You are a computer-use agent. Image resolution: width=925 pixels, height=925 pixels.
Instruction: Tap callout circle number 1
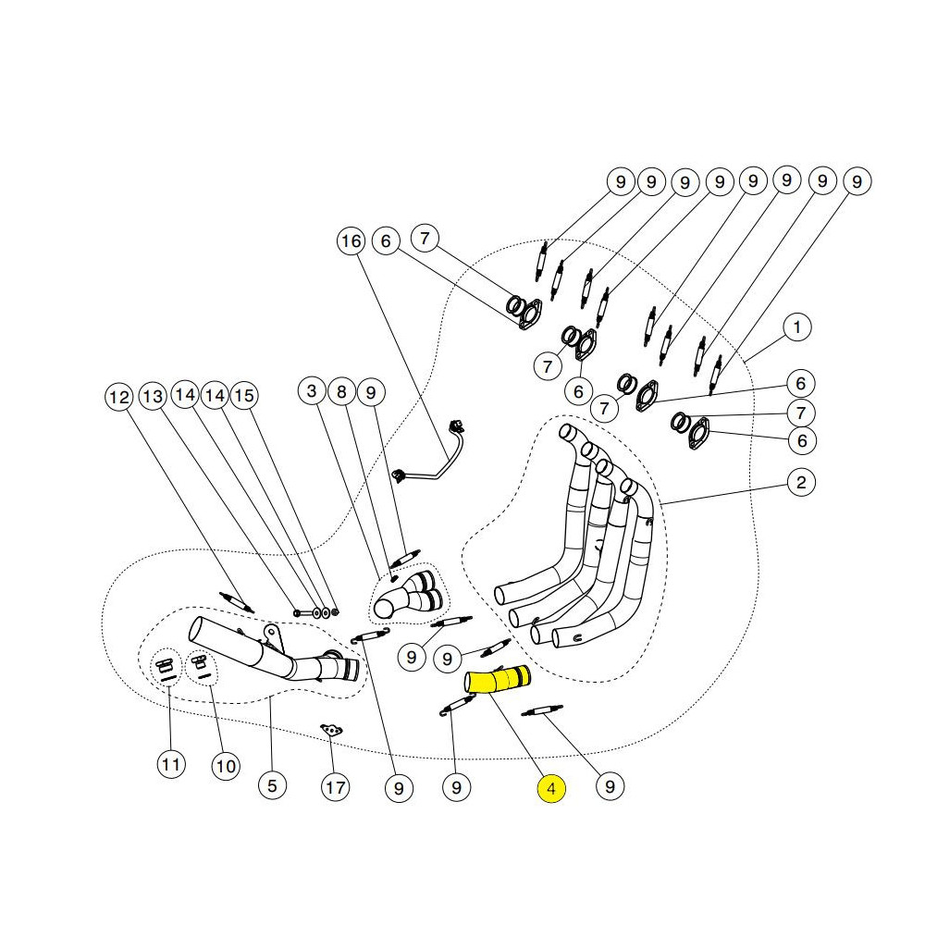click(797, 327)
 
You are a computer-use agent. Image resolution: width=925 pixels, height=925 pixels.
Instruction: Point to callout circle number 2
click(801, 481)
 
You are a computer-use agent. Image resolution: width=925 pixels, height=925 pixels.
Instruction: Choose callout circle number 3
click(313, 392)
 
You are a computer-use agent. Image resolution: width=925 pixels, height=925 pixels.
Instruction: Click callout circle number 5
click(271, 786)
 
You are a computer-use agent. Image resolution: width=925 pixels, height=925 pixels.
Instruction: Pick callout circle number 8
click(341, 392)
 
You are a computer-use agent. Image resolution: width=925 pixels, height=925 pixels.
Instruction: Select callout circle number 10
click(226, 766)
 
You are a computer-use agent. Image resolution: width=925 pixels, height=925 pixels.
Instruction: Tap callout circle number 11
click(170, 765)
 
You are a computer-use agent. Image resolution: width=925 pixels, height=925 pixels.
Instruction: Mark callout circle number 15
click(243, 396)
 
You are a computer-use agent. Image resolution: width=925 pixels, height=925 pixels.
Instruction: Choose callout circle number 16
click(351, 242)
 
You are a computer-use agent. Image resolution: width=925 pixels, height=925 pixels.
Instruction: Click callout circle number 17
click(335, 788)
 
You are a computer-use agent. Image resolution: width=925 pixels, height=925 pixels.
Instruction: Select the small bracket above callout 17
click(331, 731)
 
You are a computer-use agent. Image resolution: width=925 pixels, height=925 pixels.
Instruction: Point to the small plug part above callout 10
click(197, 662)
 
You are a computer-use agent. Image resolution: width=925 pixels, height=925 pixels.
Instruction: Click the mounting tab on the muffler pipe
click(271, 634)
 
